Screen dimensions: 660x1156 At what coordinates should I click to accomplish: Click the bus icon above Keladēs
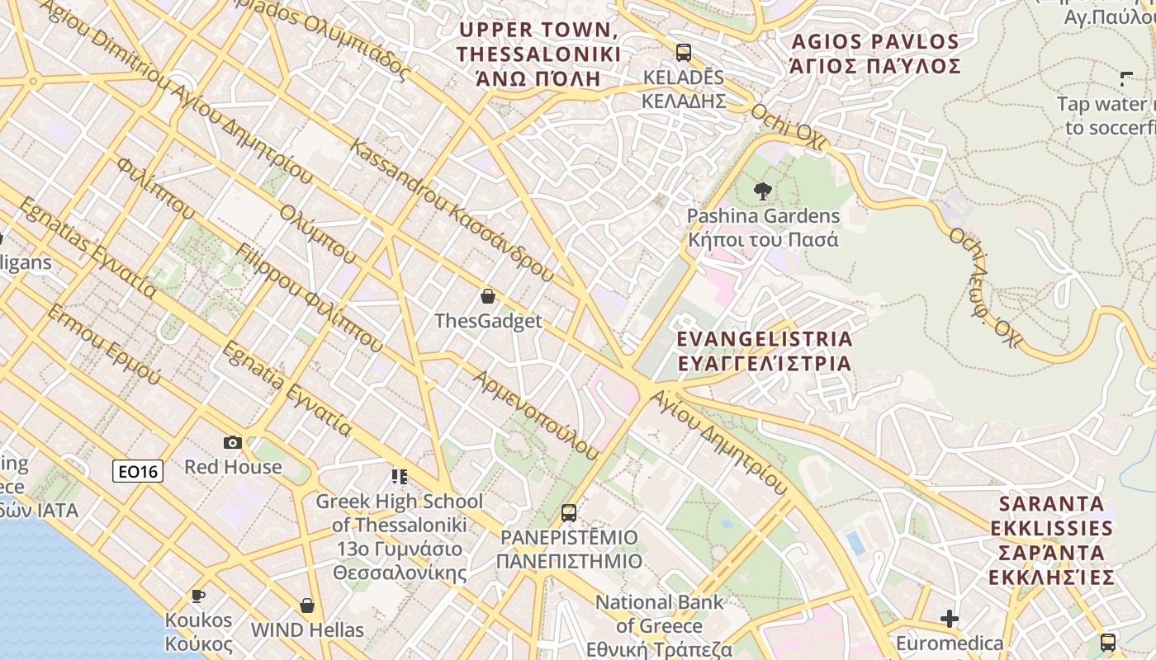pos(683,53)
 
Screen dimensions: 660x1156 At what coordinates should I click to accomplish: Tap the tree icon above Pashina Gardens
pos(763,191)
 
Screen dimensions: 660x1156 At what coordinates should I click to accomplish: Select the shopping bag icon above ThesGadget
pos(488,296)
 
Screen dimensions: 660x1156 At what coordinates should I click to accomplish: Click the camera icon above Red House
pos(233,442)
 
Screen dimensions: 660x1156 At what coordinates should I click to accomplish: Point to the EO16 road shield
pos(138,471)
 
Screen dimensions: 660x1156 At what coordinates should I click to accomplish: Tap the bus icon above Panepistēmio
pos(569,512)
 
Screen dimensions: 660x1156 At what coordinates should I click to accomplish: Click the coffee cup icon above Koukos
pos(197,596)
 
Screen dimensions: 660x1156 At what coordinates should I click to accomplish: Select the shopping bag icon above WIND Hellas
pos(307,606)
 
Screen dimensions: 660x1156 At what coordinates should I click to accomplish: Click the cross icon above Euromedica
pos(950,618)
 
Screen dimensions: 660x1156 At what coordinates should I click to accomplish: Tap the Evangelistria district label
pos(764,351)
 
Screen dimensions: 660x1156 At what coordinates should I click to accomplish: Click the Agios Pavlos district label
pos(875,54)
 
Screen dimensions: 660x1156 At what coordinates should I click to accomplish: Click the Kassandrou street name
pos(451,210)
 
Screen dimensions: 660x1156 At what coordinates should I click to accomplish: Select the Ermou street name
pos(103,345)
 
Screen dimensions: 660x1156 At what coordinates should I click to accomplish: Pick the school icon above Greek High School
pos(400,476)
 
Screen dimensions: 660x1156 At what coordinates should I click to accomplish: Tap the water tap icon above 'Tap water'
pos(1126,79)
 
